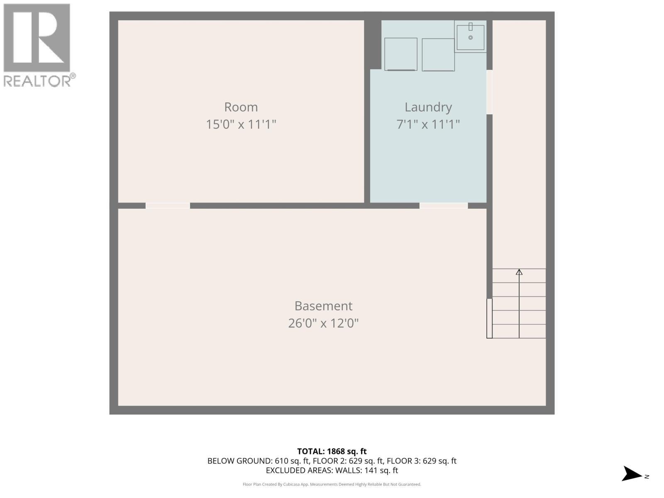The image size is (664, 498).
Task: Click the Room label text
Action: tap(241, 107)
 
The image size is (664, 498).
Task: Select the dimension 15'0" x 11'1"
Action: tap(241, 124)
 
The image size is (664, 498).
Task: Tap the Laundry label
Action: tap(428, 107)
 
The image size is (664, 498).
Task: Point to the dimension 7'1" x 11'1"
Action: tap(428, 124)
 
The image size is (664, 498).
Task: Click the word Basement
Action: tap(323, 306)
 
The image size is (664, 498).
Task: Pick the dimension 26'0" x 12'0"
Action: tap(323, 323)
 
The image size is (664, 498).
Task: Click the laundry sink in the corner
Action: tap(470, 37)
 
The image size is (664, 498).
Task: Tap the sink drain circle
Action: tap(470, 38)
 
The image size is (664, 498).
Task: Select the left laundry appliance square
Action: tap(400, 54)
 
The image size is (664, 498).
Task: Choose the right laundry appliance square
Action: tap(438, 54)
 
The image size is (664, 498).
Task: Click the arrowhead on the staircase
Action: tap(519, 272)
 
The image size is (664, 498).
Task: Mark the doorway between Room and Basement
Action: tap(168, 205)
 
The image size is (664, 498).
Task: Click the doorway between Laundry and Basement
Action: tap(443, 205)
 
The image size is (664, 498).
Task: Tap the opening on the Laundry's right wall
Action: tap(489, 92)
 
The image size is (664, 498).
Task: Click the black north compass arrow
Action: tap(632, 474)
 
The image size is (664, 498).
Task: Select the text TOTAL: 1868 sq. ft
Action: tap(332, 451)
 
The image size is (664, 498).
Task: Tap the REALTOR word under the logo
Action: tap(37, 81)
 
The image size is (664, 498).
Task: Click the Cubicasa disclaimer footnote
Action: tap(332, 484)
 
